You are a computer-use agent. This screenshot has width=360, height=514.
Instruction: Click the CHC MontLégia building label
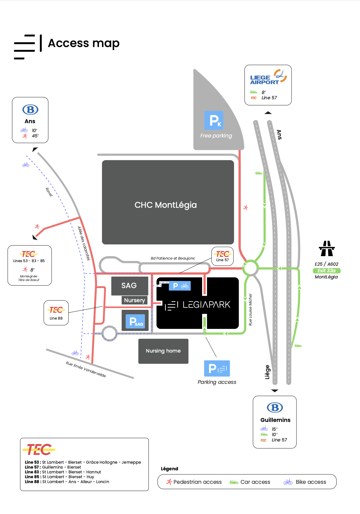click(x=166, y=205)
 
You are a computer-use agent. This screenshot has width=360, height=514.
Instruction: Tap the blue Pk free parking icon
click(x=214, y=120)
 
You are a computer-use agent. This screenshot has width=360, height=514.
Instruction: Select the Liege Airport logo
click(x=268, y=77)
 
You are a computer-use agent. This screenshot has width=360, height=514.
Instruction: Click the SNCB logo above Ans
click(x=30, y=110)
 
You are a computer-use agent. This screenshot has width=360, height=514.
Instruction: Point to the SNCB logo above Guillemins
click(x=275, y=408)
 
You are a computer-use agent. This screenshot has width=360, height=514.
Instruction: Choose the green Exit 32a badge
click(x=327, y=271)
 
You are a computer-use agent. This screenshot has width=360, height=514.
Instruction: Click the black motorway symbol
click(x=327, y=248)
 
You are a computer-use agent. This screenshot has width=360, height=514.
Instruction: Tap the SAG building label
click(x=129, y=286)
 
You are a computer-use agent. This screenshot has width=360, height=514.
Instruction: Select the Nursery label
click(x=135, y=300)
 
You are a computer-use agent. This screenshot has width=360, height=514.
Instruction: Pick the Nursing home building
click(x=163, y=351)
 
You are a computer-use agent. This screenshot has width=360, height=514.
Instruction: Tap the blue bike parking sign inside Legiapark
click(x=180, y=286)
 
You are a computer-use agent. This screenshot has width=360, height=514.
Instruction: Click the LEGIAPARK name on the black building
click(x=206, y=305)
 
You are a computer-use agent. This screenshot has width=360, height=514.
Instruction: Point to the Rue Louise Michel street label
click(x=250, y=310)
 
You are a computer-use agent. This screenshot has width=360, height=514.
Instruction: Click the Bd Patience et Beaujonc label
click(x=173, y=258)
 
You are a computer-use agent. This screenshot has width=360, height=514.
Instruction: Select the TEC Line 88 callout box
click(x=56, y=313)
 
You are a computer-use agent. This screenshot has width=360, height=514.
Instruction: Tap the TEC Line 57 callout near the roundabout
click(x=222, y=256)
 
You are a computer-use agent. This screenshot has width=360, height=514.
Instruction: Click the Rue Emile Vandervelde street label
click(x=86, y=369)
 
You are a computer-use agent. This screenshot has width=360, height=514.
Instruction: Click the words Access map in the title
click(x=84, y=43)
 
